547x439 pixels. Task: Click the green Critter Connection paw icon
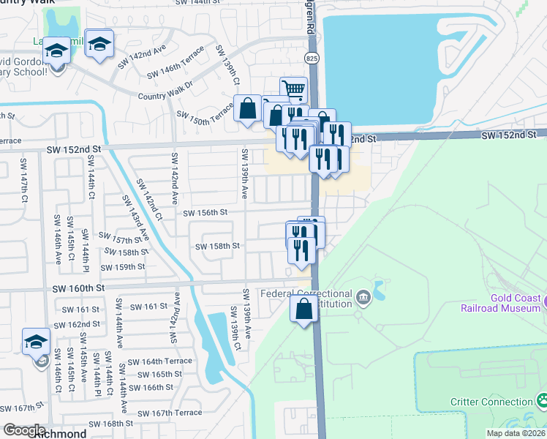coord(543,400)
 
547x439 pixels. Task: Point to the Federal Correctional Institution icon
coord(363,296)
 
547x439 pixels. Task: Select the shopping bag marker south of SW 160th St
coord(304,309)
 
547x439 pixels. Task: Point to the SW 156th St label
coord(205,213)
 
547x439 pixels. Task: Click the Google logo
coord(24,429)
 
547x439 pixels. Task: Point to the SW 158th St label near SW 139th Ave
coord(218,247)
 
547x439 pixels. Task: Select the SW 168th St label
coord(111,423)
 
